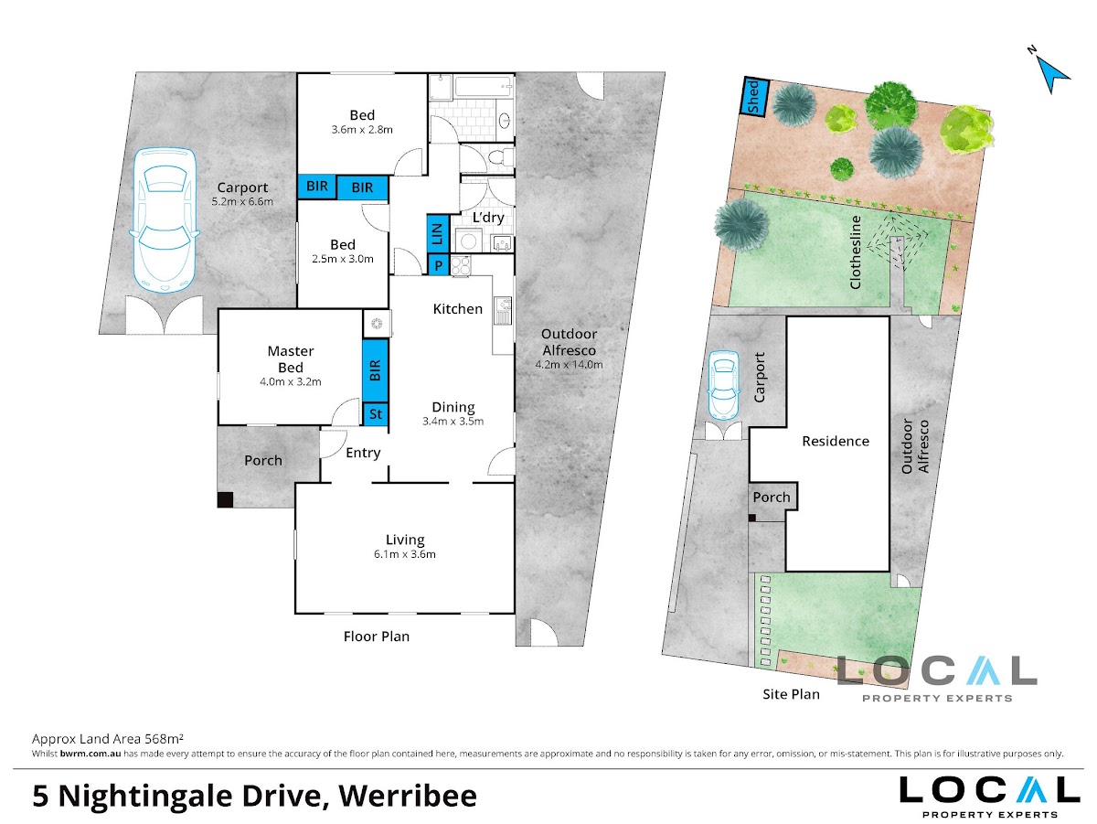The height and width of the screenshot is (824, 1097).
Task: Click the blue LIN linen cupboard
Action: [437, 233]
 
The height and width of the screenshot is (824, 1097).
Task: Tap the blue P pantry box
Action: [438, 265]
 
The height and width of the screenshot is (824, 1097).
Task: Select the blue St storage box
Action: [376, 414]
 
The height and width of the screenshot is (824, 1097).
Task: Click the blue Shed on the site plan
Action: [753, 97]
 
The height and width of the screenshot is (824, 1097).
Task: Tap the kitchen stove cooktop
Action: [461, 265]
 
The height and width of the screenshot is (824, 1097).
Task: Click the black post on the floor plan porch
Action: [226, 499]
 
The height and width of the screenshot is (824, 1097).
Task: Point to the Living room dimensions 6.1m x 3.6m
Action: [405, 554]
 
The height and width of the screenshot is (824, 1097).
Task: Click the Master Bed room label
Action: [291, 359]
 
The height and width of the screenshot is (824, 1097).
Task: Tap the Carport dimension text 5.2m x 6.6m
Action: [242, 201]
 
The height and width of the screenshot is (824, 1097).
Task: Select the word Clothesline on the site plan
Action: [856, 252]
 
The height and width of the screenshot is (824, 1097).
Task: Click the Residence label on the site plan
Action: [836, 441]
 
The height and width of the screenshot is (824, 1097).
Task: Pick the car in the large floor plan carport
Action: [165, 220]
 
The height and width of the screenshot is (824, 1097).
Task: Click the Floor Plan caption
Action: [377, 636]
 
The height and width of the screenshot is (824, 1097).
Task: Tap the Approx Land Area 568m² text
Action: [108, 739]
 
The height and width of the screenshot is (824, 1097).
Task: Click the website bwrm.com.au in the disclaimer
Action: [91, 754]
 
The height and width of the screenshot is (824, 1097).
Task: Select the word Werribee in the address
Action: [408, 797]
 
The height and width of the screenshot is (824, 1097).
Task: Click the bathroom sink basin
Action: [505, 120]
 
